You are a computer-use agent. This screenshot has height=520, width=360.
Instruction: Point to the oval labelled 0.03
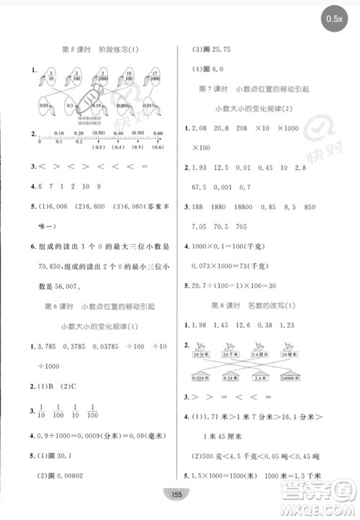tap(45, 104)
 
